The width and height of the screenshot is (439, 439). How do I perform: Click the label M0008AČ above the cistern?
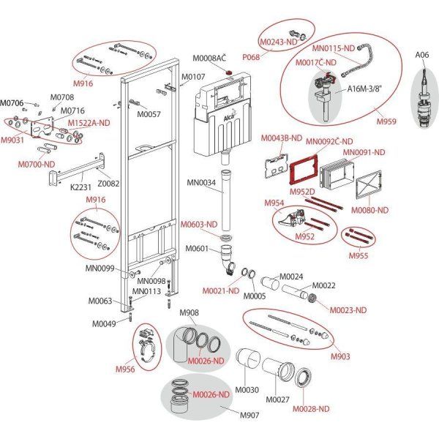pos(209,59)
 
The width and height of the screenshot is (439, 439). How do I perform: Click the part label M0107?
pos(193,77)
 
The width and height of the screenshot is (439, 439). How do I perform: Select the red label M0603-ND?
pos(198,225)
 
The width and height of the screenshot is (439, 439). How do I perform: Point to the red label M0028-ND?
pos(312,409)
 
